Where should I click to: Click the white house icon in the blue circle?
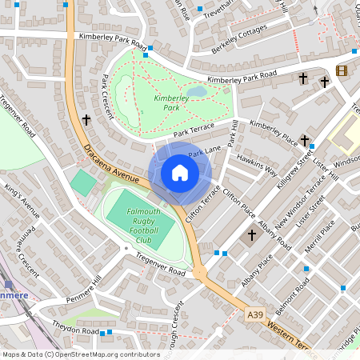(x=180, y=173)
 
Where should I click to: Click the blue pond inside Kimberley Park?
(x=199, y=91)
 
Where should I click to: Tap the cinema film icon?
(x=342, y=70)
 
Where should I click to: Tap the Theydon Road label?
(x=75, y=329)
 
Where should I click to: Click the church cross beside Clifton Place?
(x=251, y=235)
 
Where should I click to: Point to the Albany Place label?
(x=255, y=270)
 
